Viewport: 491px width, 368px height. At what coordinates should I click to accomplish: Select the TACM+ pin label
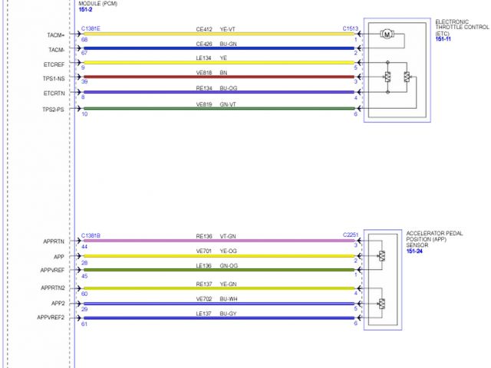[56, 35]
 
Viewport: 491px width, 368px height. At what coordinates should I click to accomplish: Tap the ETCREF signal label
[54, 64]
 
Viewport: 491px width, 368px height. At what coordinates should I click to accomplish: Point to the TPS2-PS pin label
[54, 109]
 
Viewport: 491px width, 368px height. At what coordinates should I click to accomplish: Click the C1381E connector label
[91, 28]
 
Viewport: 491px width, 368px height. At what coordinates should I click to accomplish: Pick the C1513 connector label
[351, 28]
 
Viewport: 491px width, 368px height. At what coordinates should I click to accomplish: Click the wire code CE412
[203, 29]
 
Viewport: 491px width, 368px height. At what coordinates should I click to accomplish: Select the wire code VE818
[203, 73]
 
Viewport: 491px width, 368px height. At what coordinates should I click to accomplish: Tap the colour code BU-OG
[228, 88]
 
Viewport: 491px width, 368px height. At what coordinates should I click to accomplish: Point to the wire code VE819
[203, 103]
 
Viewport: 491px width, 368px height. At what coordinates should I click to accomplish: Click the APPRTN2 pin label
[53, 287]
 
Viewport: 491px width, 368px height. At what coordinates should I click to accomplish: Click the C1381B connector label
[91, 235]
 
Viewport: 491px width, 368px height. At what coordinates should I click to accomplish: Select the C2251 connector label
[351, 235]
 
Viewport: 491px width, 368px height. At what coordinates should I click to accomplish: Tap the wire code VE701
[203, 251]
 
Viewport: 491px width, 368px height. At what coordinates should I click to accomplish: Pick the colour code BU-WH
[228, 298]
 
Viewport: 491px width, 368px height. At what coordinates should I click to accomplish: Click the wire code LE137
[203, 314]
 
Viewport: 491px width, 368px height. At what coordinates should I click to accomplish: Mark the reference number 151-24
[416, 251]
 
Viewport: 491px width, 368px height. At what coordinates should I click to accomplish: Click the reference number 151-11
[443, 38]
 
